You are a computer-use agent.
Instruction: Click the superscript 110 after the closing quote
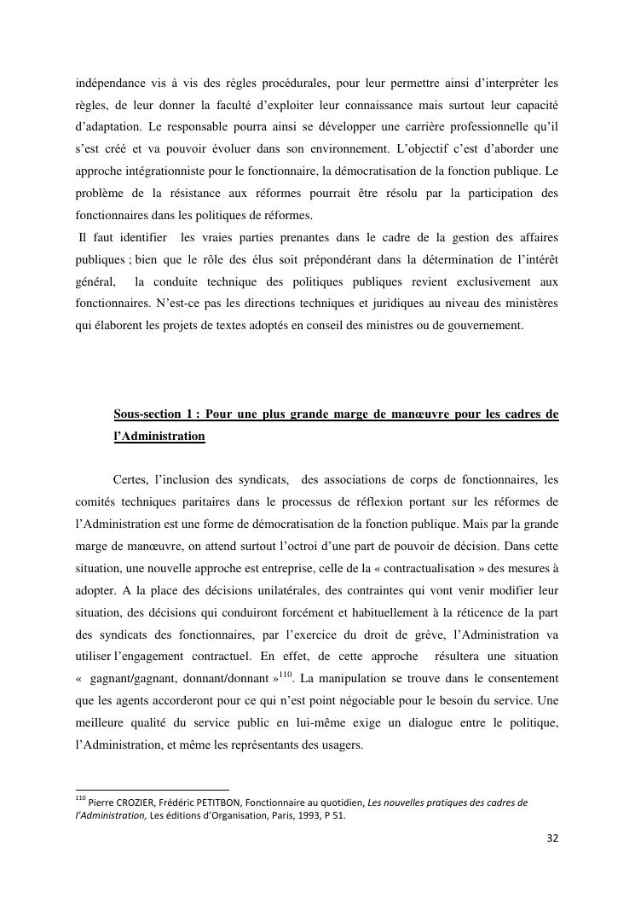[x=286, y=675]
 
